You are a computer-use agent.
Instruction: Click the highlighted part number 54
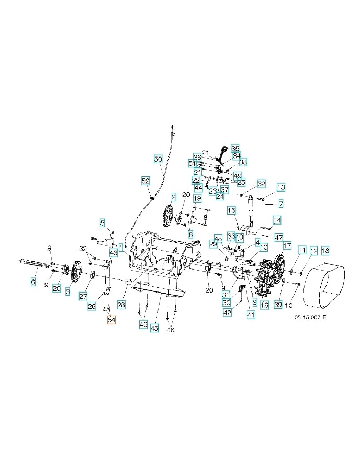click(x=111, y=319)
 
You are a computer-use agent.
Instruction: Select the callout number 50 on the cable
click(x=158, y=158)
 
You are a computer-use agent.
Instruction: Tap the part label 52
click(x=145, y=181)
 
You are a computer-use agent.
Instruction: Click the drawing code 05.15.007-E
click(x=310, y=318)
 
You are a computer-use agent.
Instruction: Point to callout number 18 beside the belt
click(x=325, y=251)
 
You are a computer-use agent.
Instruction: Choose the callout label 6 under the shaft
click(x=33, y=282)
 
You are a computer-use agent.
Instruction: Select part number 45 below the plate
click(x=154, y=328)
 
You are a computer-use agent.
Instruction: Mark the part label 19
click(x=197, y=199)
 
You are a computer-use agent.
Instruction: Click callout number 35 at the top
click(x=235, y=148)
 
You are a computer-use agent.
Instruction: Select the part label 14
click(x=277, y=220)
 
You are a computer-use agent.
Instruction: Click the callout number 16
click(x=264, y=305)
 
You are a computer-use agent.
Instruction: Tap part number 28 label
click(x=121, y=304)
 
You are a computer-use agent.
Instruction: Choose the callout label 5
click(x=103, y=222)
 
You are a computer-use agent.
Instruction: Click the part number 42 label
click(x=227, y=312)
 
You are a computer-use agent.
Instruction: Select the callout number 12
click(x=313, y=251)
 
